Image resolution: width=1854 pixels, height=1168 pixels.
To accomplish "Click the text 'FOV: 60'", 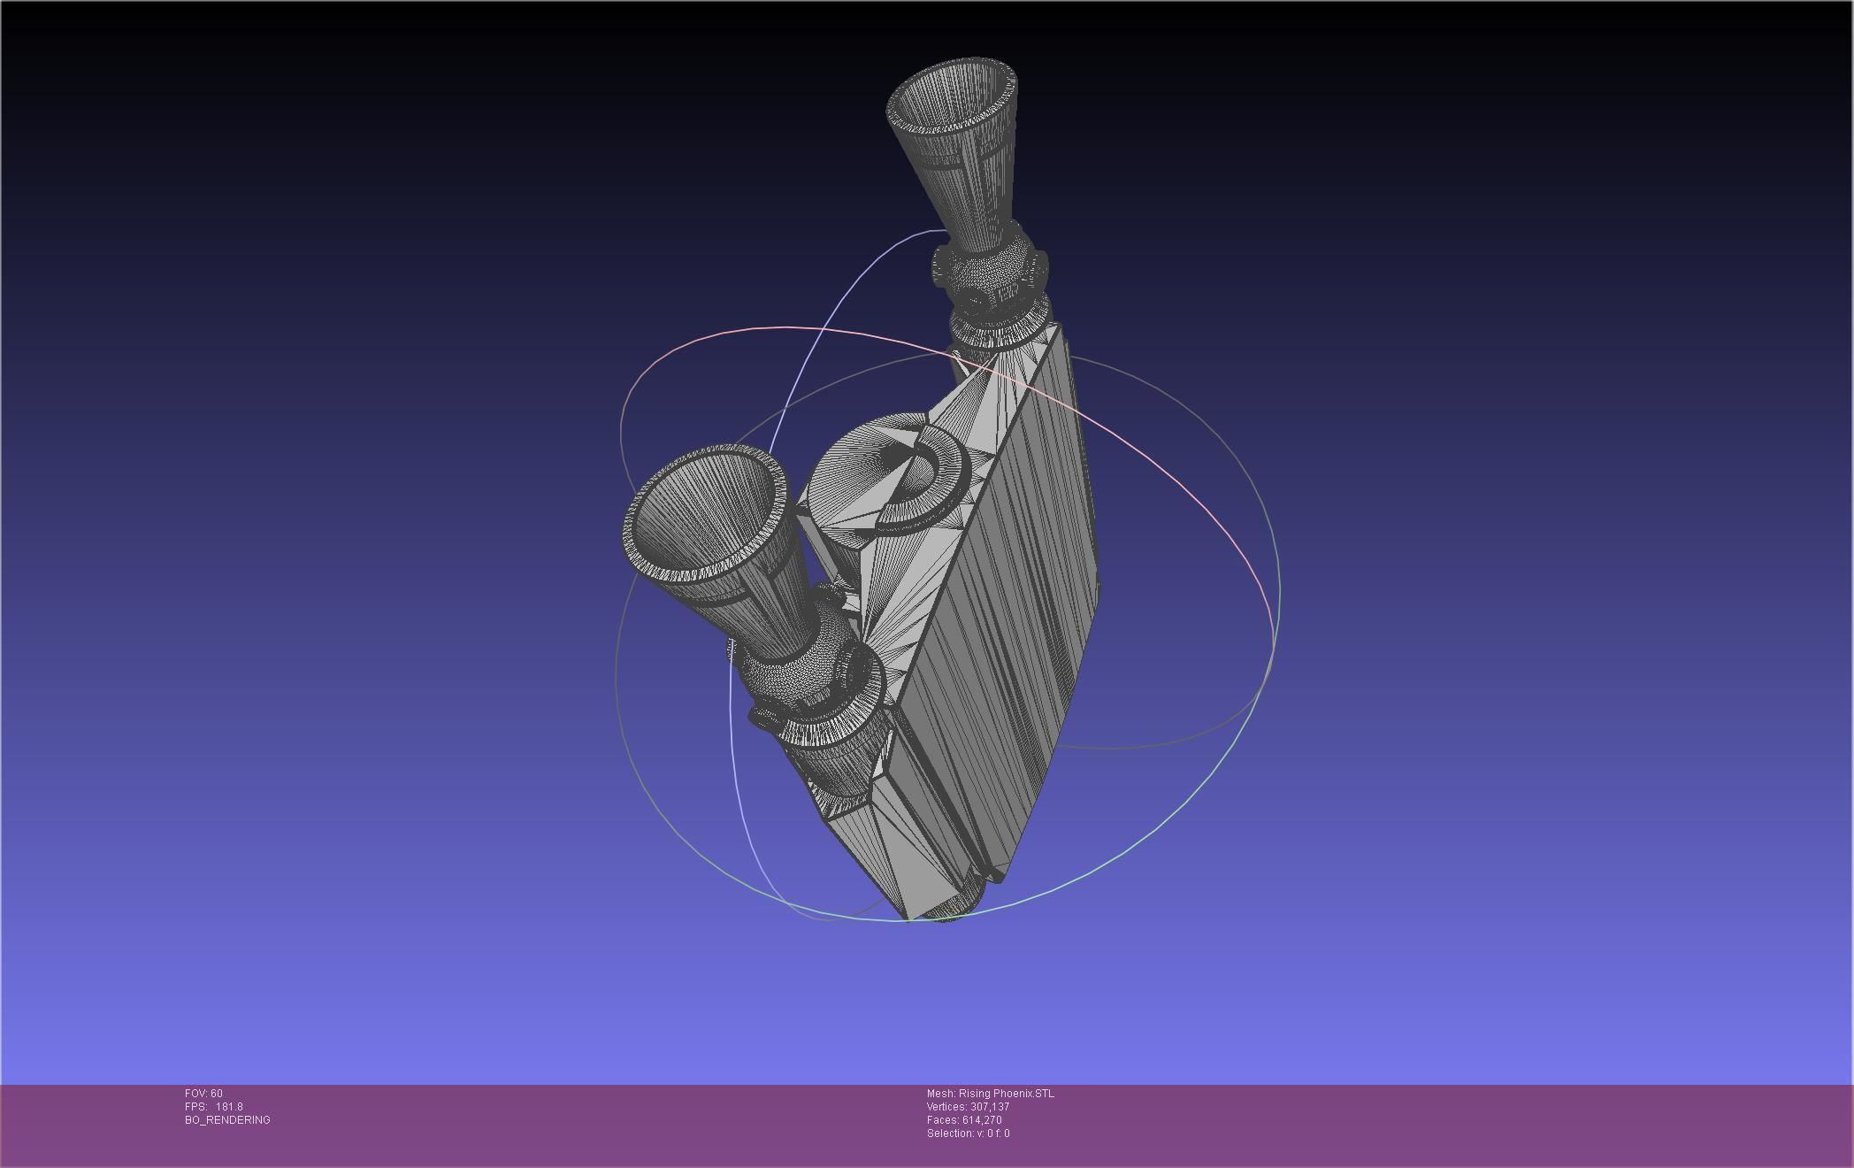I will pos(203,1094).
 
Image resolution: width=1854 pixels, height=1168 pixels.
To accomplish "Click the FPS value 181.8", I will pos(229,1107).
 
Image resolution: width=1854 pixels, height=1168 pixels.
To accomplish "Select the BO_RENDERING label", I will pos(227,1120).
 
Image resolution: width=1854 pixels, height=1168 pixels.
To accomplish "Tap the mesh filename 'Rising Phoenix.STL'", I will pos(1006,1094).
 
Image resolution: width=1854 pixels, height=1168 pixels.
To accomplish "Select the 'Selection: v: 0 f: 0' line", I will pos(968,1133).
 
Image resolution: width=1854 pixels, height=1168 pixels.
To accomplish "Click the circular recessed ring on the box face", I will pos(920,478).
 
